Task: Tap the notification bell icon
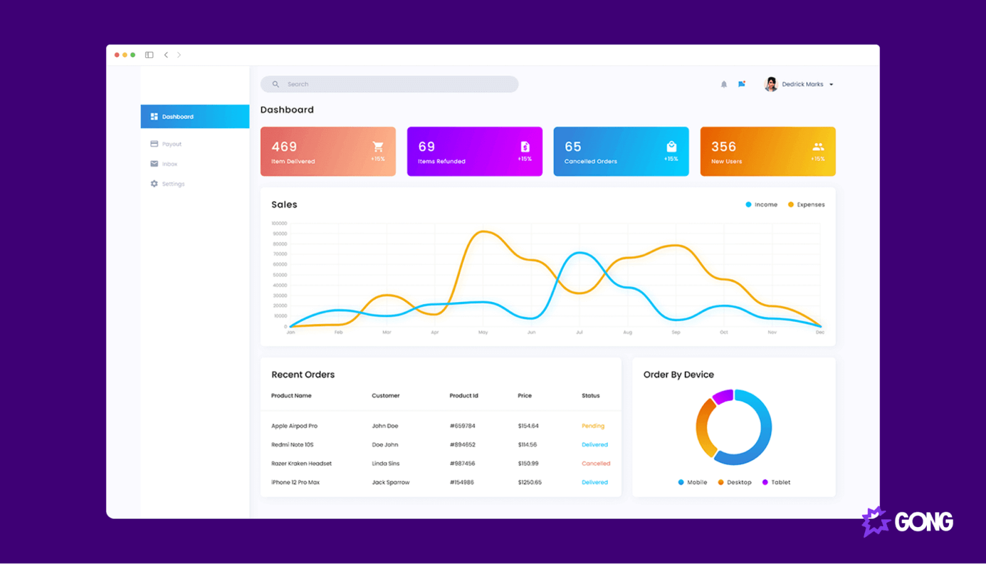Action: (x=724, y=84)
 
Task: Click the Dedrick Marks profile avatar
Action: (x=771, y=84)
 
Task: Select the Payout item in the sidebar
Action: (x=171, y=144)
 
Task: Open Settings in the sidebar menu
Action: (x=173, y=184)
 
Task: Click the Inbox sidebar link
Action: (x=169, y=164)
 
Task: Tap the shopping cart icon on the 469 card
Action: (x=378, y=147)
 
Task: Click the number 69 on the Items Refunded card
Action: (x=426, y=147)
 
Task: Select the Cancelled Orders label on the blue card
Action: (x=590, y=161)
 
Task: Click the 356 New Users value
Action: (x=723, y=147)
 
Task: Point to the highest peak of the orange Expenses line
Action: (x=484, y=232)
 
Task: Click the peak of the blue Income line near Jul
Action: (x=579, y=253)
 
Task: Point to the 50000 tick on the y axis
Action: (x=280, y=275)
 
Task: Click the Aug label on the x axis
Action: (x=627, y=332)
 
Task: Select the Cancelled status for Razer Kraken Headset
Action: (x=595, y=464)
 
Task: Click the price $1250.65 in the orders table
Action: (x=529, y=483)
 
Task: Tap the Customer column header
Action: (x=386, y=396)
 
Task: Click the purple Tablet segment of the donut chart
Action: (x=722, y=396)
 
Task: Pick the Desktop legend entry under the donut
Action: (x=738, y=483)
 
